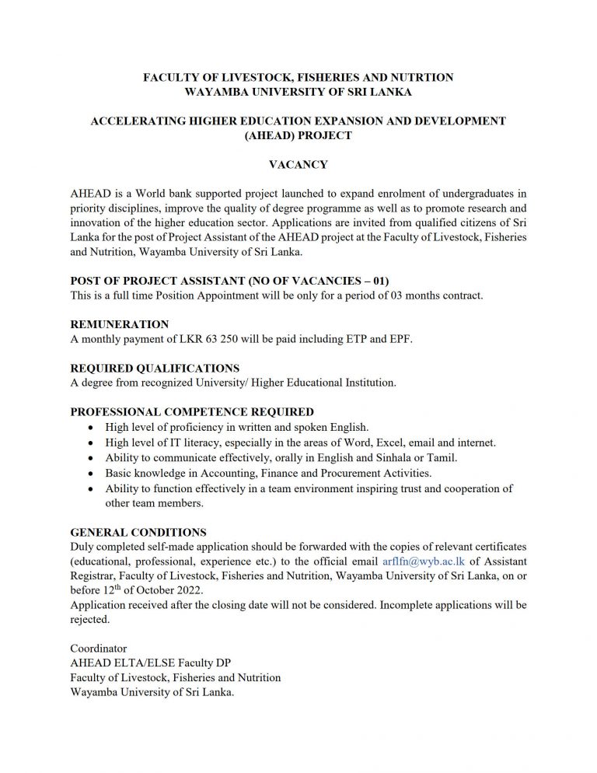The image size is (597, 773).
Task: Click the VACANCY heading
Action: pyautogui.click(x=298, y=164)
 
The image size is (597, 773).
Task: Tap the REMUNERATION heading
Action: pyautogui.click(x=120, y=324)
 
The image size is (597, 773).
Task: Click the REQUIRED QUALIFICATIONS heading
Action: pyautogui.click(x=155, y=368)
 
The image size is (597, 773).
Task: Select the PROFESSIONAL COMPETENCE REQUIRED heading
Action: pyautogui.click(x=192, y=412)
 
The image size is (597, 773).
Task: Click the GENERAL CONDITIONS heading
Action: pyautogui.click(x=138, y=532)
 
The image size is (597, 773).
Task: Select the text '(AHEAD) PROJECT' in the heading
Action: pyautogui.click(x=298, y=135)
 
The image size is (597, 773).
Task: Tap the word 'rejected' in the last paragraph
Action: pyautogui.click(x=89, y=620)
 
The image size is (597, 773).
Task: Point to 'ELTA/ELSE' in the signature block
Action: pyautogui.click(x=135, y=663)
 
